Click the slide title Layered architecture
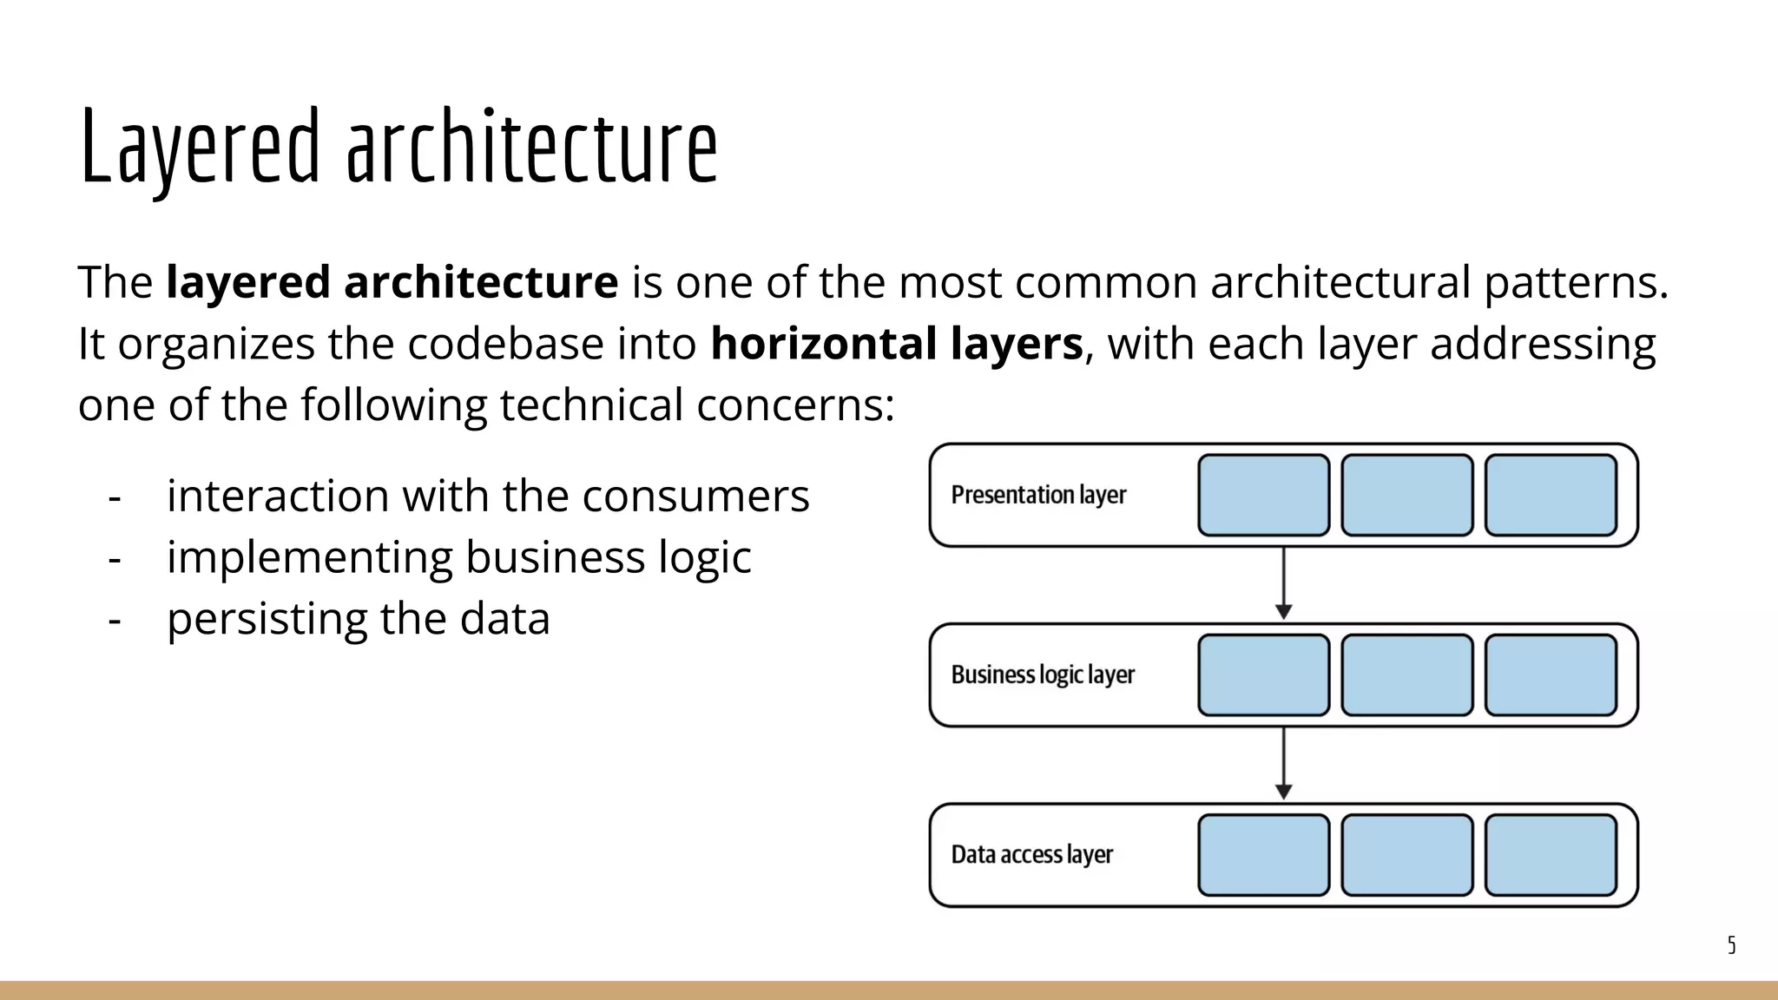pos(398,148)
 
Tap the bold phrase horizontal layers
pos(896,344)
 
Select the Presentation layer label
pos(1038,495)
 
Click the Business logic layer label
pos(1043,674)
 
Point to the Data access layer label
pos(1031,855)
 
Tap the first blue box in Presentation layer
pos(1263,495)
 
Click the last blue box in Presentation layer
pos(1551,495)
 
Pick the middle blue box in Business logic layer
pos(1406,675)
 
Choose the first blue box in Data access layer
pos(1263,855)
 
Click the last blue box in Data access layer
pos(1551,855)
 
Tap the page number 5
pos(1731,945)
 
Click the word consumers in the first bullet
pos(695,497)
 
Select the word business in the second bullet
pos(555,557)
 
